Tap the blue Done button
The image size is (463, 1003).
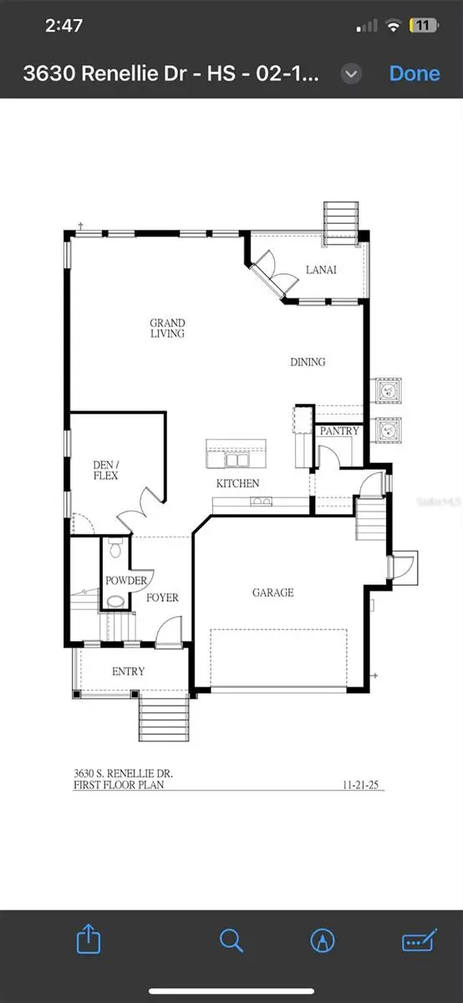point(415,74)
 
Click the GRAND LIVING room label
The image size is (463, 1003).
point(167,328)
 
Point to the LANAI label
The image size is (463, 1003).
point(298,269)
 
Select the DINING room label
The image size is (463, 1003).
point(308,362)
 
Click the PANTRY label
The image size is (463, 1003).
point(339,431)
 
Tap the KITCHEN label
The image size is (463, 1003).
point(238,483)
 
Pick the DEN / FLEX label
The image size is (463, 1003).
point(105,471)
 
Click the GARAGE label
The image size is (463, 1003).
point(273,593)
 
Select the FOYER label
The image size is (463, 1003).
point(162,598)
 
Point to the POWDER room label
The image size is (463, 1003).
point(125,581)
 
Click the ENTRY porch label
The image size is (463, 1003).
point(128,671)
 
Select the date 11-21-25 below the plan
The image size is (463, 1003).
point(362,785)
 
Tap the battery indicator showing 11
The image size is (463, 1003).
point(422,26)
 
